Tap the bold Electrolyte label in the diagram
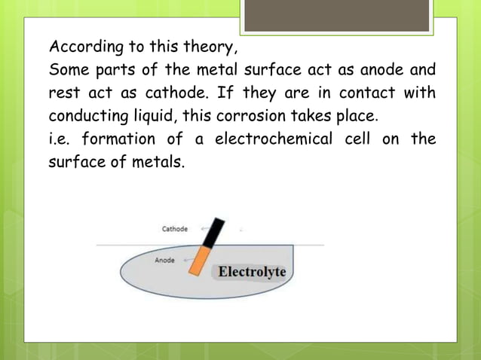tap(252, 271)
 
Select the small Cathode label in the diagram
tap(175, 229)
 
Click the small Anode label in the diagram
tap(165, 260)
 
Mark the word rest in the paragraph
tap(63, 96)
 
